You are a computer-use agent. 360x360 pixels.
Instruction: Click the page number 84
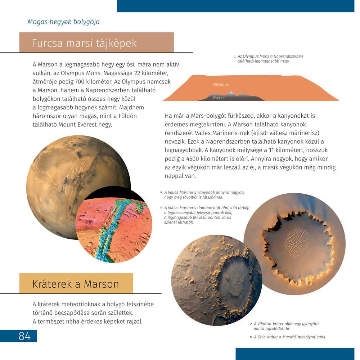click(x=24, y=336)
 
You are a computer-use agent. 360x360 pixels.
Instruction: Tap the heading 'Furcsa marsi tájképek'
click(x=84, y=43)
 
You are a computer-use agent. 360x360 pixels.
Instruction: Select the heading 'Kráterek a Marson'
click(x=76, y=284)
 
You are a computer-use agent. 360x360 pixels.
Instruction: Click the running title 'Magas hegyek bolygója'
click(x=63, y=22)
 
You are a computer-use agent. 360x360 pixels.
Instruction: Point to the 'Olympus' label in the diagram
click(x=221, y=85)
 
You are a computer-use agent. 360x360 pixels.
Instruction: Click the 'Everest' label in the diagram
click(x=219, y=98)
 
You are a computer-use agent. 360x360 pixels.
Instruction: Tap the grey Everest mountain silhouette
click(x=234, y=96)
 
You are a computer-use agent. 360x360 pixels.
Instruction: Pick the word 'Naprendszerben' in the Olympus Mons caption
click(x=288, y=57)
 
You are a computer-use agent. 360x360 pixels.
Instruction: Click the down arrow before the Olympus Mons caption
click(x=235, y=57)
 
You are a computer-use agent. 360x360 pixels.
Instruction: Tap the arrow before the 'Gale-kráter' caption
click(x=251, y=337)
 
